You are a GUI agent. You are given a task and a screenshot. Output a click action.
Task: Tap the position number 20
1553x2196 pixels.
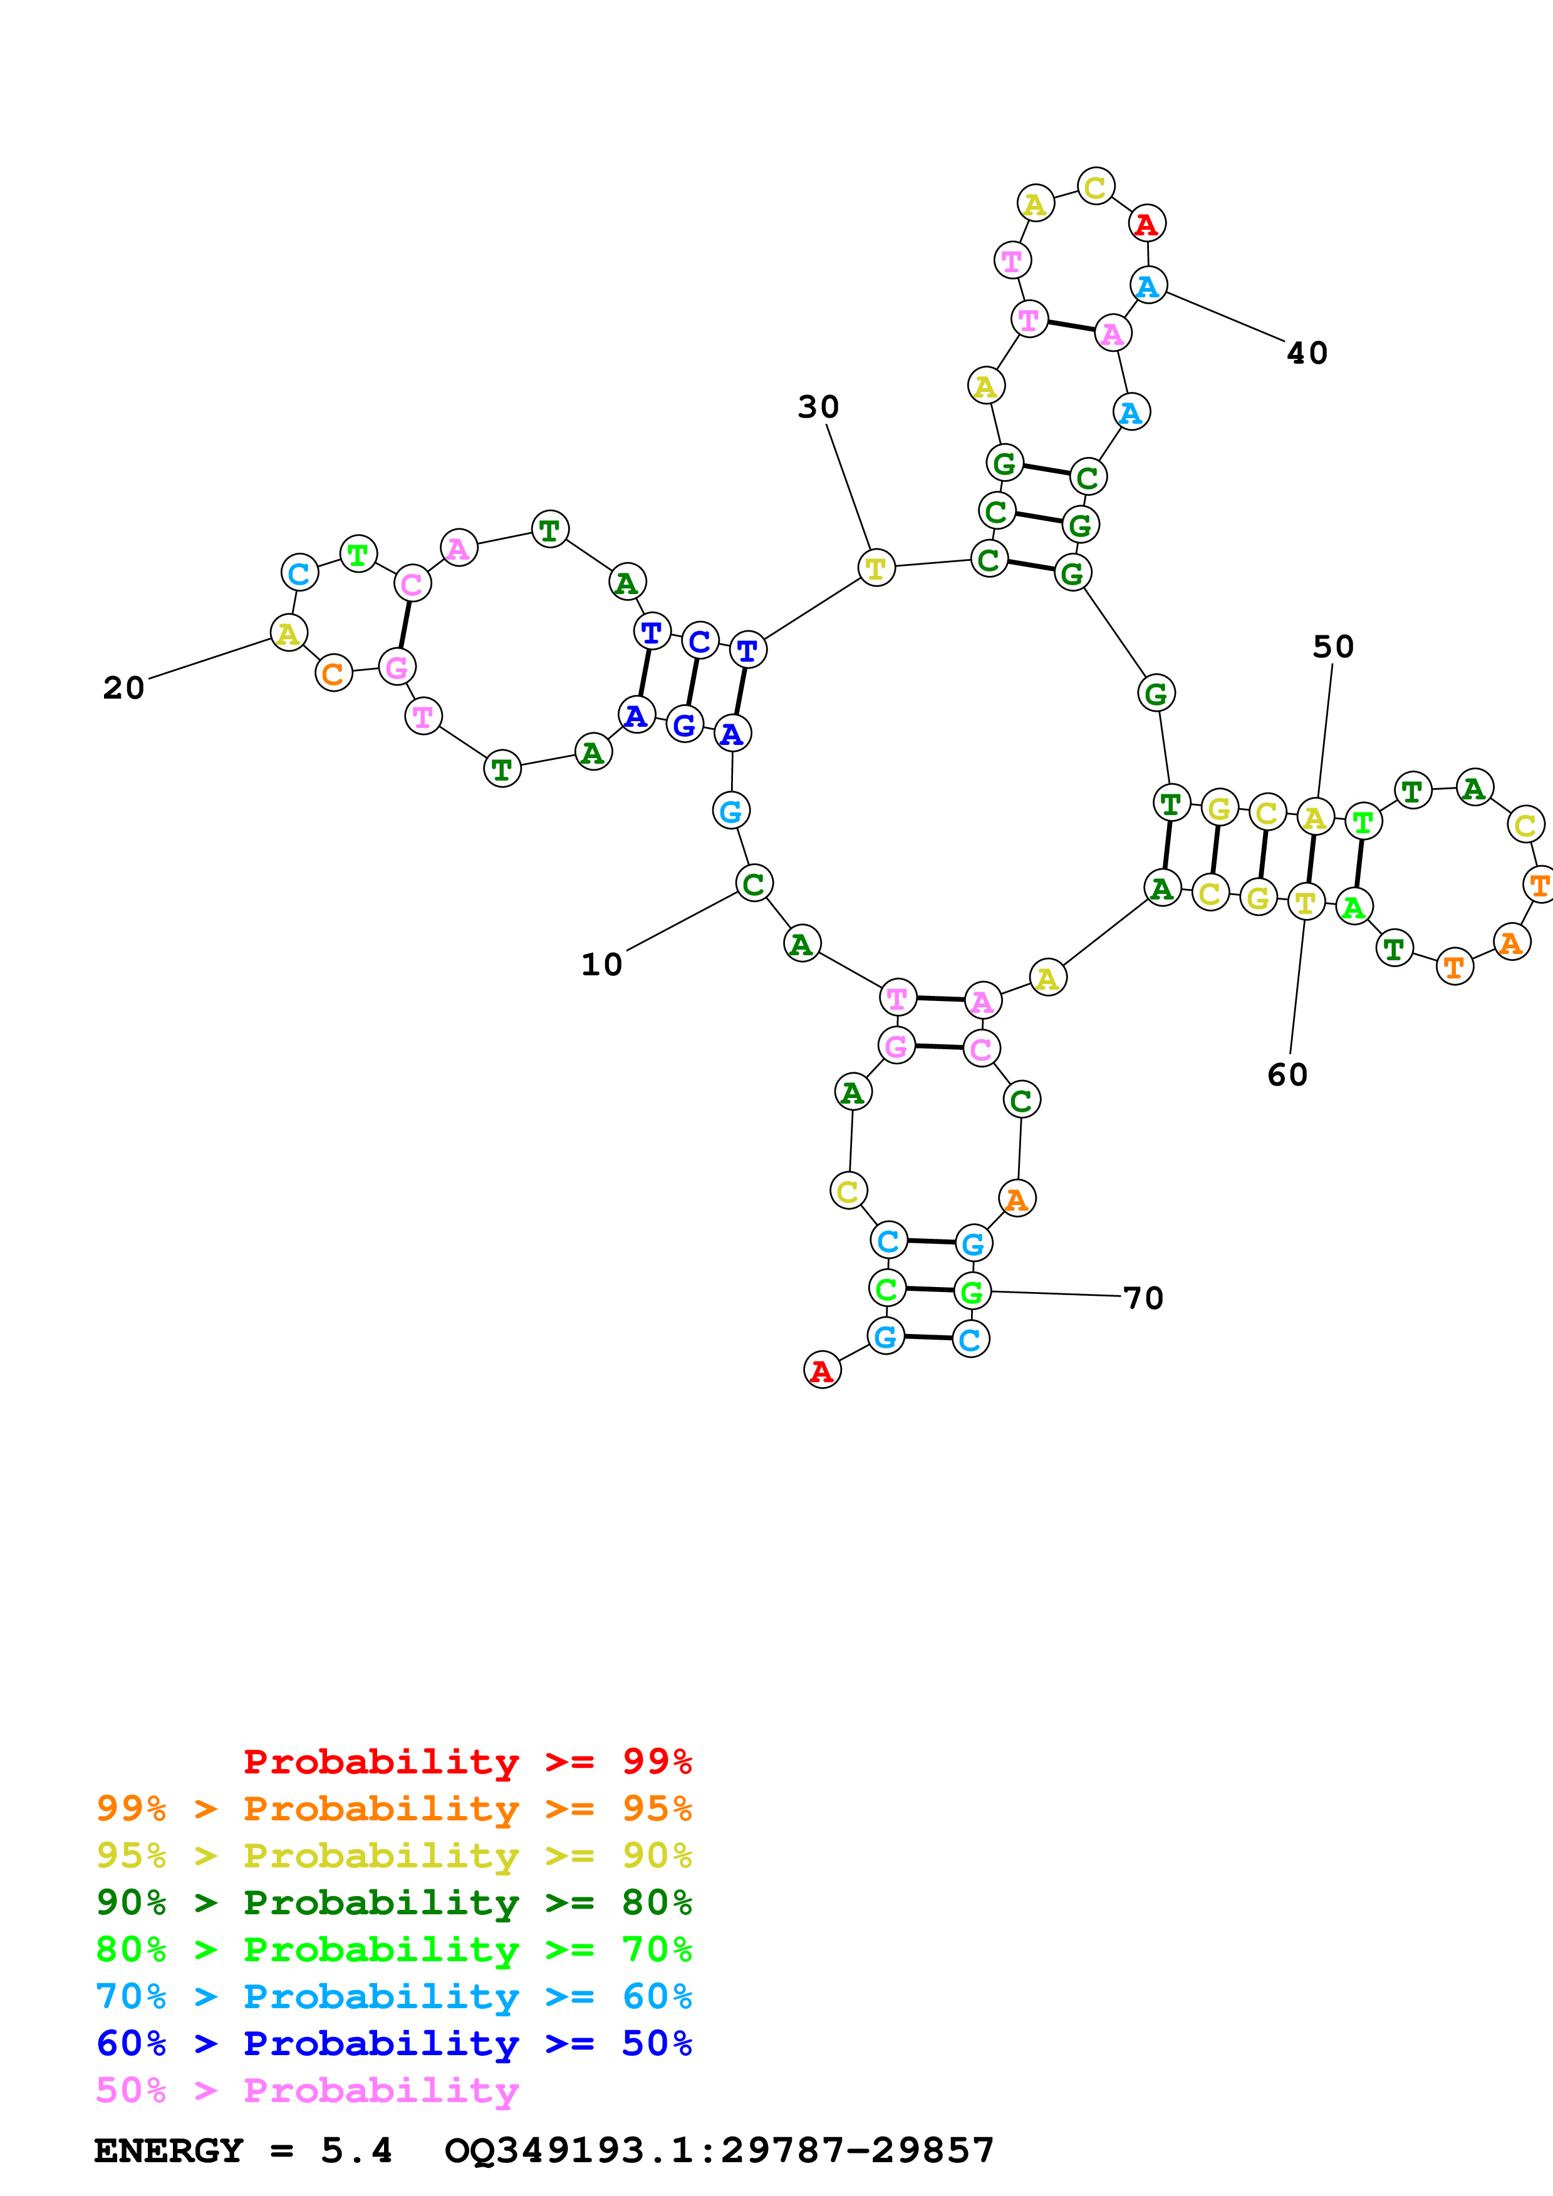pos(123,688)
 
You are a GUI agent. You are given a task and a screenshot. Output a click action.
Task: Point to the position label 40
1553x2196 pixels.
pos(1307,353)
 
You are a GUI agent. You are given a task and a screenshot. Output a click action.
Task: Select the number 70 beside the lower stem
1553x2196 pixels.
pos(1143,1298)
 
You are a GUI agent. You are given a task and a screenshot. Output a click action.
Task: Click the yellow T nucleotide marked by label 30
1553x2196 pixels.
pos(876,568)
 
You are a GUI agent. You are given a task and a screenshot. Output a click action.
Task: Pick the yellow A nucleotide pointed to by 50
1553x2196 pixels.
pos(1315,818)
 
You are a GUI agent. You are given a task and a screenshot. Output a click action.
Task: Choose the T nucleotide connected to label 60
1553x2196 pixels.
pos(1305,902)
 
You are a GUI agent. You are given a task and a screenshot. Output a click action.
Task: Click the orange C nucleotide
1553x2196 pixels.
pos(333,674)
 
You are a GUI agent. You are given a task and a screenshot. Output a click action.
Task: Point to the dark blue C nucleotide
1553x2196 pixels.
pos(700,641)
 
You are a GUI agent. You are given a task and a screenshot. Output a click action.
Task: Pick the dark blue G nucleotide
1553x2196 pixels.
pos(684,725)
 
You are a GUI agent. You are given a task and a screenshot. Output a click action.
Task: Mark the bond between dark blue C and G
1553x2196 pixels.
pos(692,683)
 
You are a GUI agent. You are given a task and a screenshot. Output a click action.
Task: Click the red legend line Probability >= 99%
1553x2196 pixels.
pos(467,1762)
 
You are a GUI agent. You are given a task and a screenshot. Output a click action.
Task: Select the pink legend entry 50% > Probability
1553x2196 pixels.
pos(307,2091)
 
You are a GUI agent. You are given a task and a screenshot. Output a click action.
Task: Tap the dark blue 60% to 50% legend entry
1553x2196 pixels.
pos(393,2044)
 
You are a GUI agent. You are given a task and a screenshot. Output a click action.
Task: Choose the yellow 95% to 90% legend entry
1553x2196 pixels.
pos(393,1855)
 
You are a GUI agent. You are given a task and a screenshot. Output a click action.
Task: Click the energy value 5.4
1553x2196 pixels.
pos(356,2150)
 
